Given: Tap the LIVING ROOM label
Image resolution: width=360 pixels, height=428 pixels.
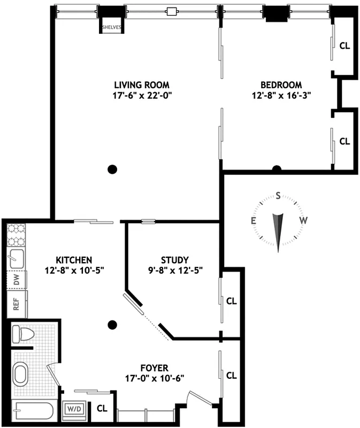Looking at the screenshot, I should click(142, 85).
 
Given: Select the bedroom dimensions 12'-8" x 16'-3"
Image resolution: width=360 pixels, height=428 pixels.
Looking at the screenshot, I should click(281, 95).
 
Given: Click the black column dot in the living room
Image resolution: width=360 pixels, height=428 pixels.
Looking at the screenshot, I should click(112, 169).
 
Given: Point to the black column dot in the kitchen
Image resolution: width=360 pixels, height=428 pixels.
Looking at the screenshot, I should click(112, 324).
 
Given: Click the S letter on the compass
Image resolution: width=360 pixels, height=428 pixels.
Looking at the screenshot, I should click(278, 195).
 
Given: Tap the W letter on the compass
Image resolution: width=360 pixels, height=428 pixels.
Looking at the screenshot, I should click(303, 220).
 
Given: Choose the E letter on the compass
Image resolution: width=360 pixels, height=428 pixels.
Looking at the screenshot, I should click(254, 220).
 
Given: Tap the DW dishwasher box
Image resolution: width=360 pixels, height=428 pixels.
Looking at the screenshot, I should click(17, 279).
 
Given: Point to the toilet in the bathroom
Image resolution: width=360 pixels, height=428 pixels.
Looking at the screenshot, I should click(23, 334).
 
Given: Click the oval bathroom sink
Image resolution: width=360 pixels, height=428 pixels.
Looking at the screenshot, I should click(21, 373).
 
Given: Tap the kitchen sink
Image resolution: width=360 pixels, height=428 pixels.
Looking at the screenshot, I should click(17, 259).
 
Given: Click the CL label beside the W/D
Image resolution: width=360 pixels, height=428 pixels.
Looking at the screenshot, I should click(102, 409).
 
